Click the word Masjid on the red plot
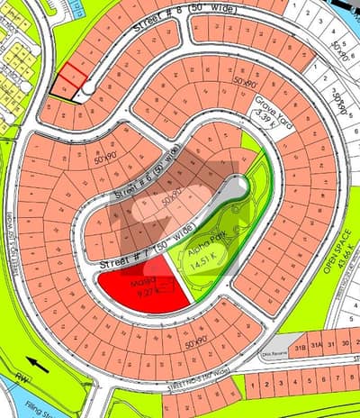coord(144,281)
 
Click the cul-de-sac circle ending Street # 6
coord(237,186)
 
